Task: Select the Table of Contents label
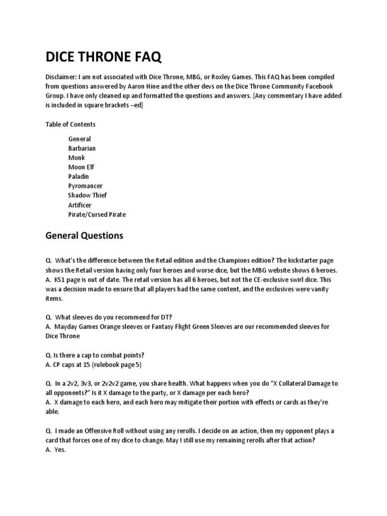[70, 124]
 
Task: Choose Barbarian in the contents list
[82, 148]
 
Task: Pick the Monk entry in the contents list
[77, 158]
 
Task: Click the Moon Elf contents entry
[81, 167]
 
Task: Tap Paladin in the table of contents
[79, 176]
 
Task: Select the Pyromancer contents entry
[85, 186]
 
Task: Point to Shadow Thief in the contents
[88, 195]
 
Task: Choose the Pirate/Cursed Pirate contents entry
[97, 214]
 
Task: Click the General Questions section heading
[84, 235]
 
